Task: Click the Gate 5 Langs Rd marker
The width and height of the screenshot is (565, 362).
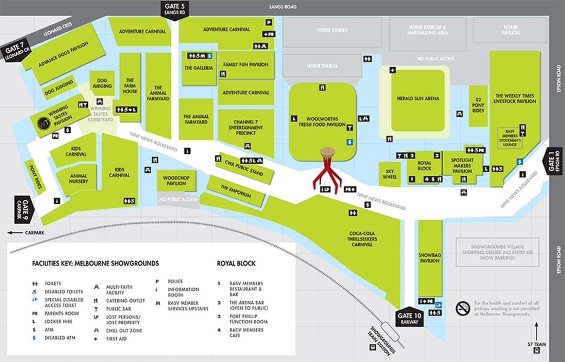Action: tap(175, 9)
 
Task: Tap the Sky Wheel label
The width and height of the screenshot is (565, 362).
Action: tap(390, 174)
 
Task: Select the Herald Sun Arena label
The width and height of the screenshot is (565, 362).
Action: tap(418, 98)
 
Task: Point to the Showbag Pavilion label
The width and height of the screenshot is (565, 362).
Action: tap(430, 257)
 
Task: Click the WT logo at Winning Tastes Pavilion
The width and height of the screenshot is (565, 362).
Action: tap(43, 125)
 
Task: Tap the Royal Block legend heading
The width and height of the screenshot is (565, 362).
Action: tap(235, 263)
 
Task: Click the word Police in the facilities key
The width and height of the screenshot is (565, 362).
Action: tap(175, 281)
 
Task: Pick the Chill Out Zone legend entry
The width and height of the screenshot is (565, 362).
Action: tap(124, 331)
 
